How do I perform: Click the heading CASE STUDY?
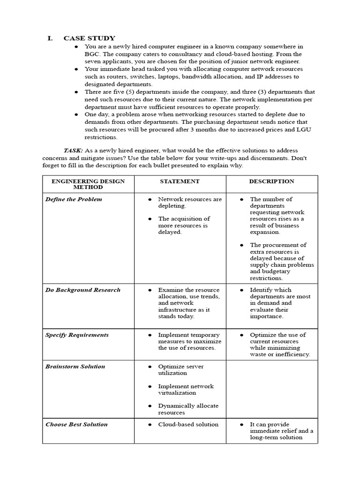click(x=89, y=38)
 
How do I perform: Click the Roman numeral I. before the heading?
click(x=50, y=38)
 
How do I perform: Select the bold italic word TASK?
click(x=73, y=150)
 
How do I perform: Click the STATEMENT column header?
click(x=180, y=181)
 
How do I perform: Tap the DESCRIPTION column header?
click(x=271, y=181)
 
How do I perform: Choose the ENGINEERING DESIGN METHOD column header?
click(x=88, y=184)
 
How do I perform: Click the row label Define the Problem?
click(x=74, y=199)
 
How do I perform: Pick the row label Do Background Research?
click(x=82, y=290)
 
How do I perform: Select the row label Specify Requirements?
click(x=77, y=335)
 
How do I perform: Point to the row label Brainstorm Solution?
click(x=75, y=367)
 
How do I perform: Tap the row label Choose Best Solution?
click(x=76, y=425)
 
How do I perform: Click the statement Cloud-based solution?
click(x=188, y=425)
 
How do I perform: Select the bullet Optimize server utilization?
click(x=181, y=370)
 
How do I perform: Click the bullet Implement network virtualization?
click(x=186, y=390)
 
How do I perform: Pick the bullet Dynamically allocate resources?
click(x=188, y=409)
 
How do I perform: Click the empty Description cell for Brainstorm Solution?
click(x=271, y=389)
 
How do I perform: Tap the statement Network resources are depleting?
click(x=189, y=202)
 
